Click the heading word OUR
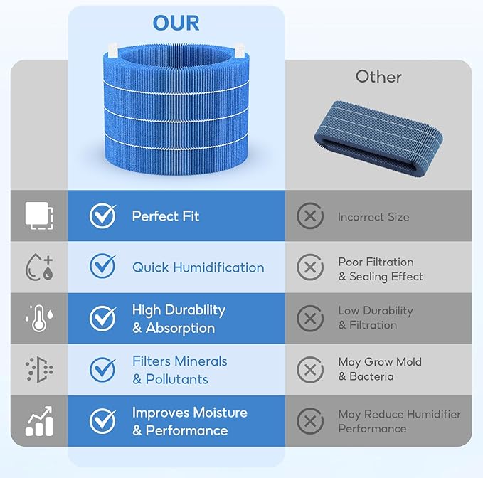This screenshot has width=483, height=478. (176, 23)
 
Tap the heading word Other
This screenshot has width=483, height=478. (378, 76)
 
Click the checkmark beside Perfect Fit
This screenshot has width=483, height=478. (103, 216)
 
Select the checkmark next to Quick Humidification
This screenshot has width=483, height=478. (103, 266)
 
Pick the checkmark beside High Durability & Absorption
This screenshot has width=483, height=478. (103, 318)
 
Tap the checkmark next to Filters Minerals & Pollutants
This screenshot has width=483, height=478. (103, 369)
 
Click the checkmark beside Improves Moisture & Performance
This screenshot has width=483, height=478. (103, 420)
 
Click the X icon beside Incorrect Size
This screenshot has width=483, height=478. (310, 216)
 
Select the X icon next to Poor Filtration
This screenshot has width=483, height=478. (310, 267)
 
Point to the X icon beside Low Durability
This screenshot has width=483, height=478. (310, 319)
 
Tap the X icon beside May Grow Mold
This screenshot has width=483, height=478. (310, 370)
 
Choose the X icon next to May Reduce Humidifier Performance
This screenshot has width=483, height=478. (310, 421)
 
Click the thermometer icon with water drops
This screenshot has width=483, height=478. (39, 318)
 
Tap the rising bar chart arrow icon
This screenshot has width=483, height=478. (39, 421)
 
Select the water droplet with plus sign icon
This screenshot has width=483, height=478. (39, 267)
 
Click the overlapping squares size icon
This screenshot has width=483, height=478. (39, 216)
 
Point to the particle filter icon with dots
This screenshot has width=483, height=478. (39, 370)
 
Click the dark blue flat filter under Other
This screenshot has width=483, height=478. (378, 138)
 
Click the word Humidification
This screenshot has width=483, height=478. (218, 267)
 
